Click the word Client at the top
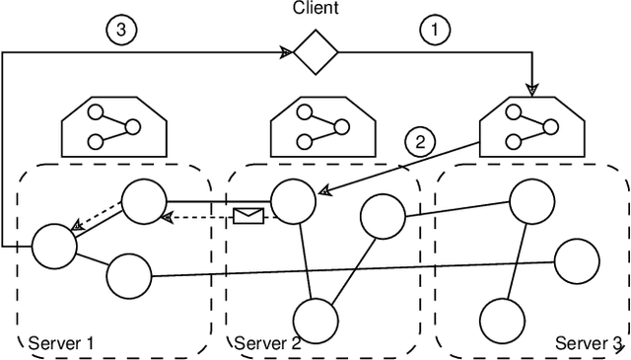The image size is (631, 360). point(315,9)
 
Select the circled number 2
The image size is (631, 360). point(422,142)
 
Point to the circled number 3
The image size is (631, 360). point(121,30)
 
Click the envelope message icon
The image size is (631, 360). point(248,215)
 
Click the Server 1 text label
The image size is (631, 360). point(61,343)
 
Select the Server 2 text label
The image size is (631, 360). point(268,343)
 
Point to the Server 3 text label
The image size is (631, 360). point(589,343)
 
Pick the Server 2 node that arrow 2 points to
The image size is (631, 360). point(293,201)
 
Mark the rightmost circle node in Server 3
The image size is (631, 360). point(577,262)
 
